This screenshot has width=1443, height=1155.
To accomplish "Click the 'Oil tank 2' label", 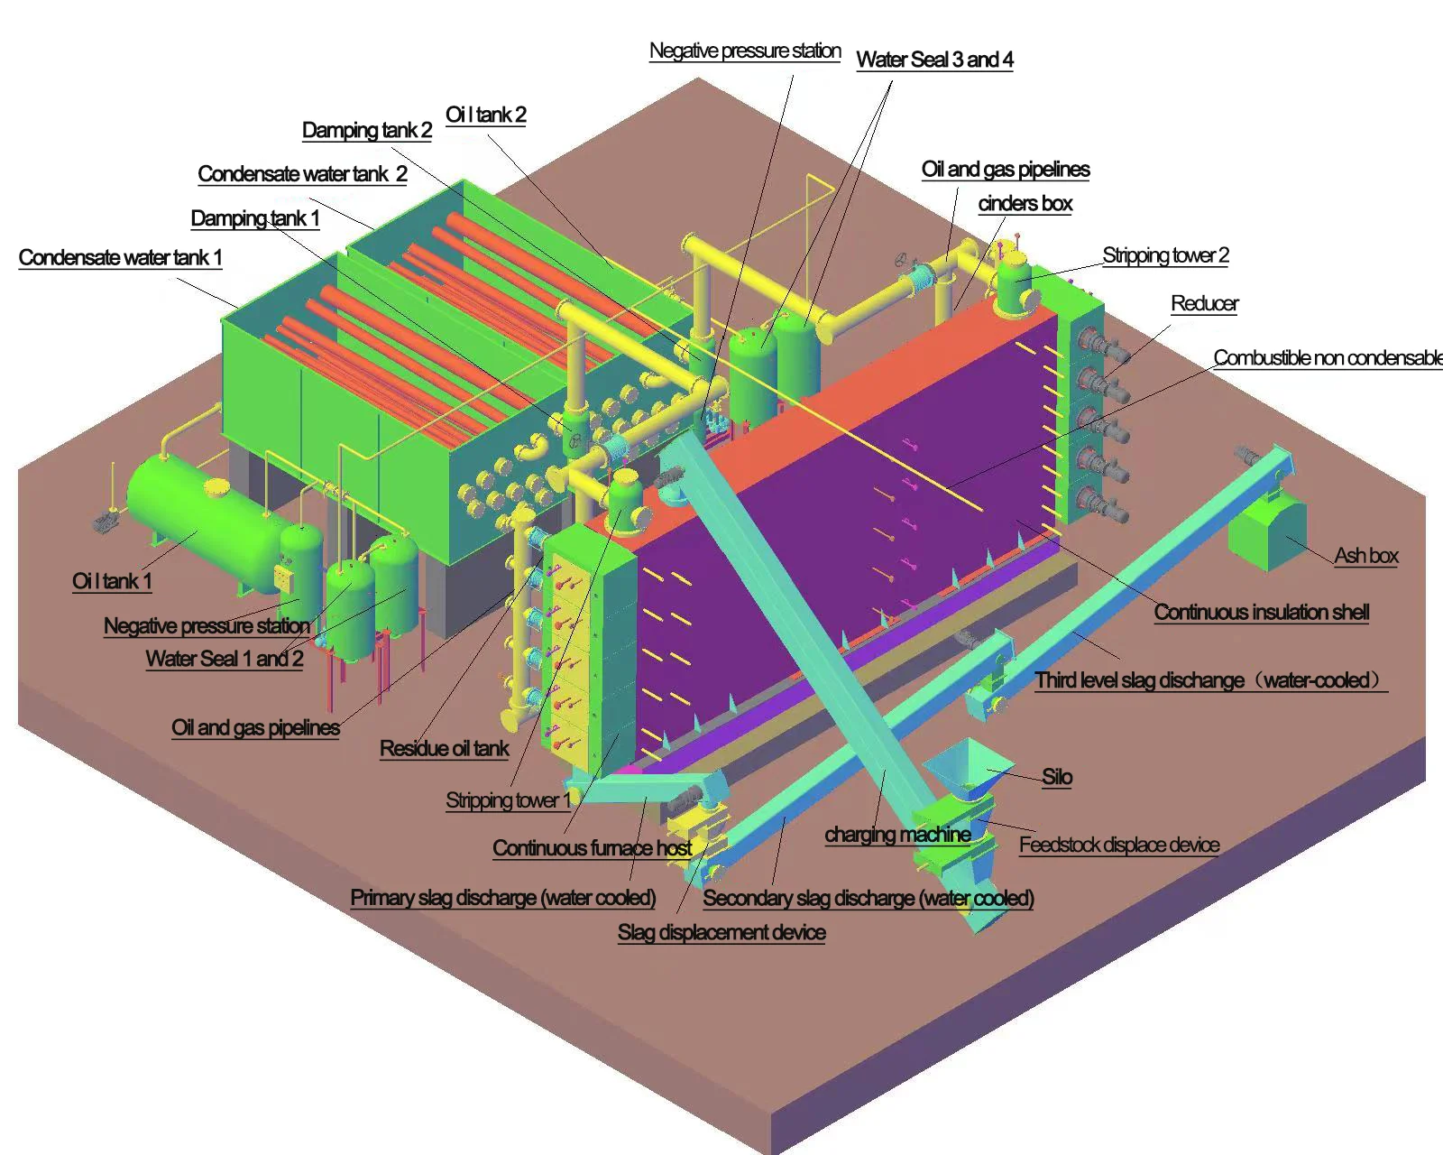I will coord(486,115).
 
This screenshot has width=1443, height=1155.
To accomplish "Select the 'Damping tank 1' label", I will coord(255,218).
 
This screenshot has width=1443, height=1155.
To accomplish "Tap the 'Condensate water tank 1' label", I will coord(120,258).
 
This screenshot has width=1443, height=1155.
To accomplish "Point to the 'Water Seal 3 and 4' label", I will coord(934,60).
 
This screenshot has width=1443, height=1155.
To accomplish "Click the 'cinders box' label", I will coord(1025,204).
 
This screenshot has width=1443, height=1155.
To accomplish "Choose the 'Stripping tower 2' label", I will coord(1165,255).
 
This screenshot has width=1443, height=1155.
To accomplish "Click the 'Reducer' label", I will coord(1204,303).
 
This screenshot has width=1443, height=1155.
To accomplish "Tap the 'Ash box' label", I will coord(1366,556).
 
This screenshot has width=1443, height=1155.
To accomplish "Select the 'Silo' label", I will coord(1057,777).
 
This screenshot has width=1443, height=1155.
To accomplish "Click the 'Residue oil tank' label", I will coord(445,749).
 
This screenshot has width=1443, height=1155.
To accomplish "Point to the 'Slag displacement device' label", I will coord(721,933).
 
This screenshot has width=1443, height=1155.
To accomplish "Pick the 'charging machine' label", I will coord(897,835).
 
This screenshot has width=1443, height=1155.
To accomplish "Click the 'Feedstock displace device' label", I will coord(1119,845).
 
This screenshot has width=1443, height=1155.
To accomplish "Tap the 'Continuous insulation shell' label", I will coord(1262,613).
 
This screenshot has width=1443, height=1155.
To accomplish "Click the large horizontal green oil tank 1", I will coord(203,519).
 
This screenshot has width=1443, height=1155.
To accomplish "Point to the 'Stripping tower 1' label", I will coord(509,800).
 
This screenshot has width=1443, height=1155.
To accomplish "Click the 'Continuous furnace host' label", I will coord(592,848).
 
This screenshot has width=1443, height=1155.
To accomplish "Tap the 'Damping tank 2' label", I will coord(367,130).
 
